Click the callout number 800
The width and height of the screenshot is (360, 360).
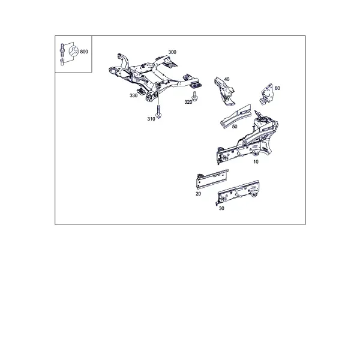(x=84, y=52)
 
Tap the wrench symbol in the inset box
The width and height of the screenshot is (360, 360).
(x=74, y=51)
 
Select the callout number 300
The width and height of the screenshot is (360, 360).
(x=172, y=52)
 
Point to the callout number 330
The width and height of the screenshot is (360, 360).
(x=133, y=95)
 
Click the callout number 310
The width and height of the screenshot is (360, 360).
(x=151, y=119)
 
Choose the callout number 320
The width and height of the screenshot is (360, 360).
(x=188, y=102)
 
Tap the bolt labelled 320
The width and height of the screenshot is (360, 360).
(x=195, y=96)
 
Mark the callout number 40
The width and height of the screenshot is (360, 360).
(x=227, y=79)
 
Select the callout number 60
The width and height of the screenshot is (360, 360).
(x=277, y=88)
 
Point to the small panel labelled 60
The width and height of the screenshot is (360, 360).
(x=266, y=94)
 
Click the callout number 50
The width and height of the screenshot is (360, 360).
(x=235, y=127)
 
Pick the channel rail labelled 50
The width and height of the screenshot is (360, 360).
(x=235, y=116)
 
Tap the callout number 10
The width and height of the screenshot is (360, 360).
(x=256, y=162)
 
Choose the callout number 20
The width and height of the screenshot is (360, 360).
(x=199, y=194)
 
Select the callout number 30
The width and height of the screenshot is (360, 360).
(x=221, y=208)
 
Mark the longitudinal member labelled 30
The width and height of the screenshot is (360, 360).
(x=238, y=193)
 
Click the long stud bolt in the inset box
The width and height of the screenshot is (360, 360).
(x=62, y=49)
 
